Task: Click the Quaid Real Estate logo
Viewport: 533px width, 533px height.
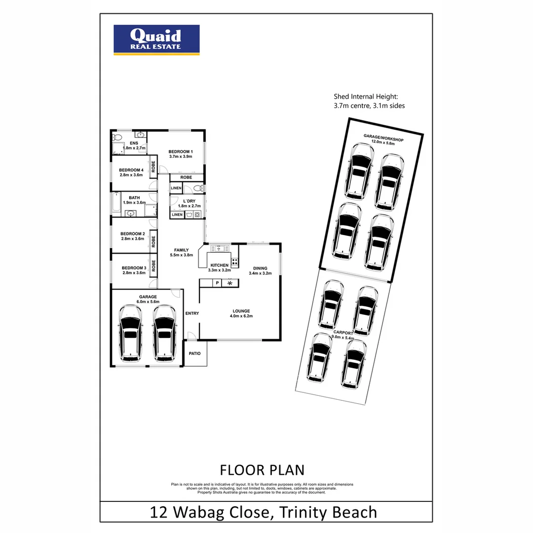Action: (x=156, y=39)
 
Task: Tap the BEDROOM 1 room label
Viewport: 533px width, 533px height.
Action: (x=180, y=152)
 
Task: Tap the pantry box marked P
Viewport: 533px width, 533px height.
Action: (x=216, y=283)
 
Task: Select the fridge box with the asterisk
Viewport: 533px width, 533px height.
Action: (x=229, y=283)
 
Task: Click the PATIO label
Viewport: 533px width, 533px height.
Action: (x=195, y=354)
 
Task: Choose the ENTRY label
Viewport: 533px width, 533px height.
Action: (x=191, y=313)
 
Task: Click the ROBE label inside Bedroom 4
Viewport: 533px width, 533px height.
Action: (x=153, y=167)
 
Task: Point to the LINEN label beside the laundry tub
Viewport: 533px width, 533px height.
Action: (x=177, y=215)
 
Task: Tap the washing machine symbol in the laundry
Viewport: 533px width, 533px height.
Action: (x=197, y=215)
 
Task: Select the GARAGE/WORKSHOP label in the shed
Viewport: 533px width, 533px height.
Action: (x=383, y=137)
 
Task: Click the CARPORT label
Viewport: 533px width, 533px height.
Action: (x=343, y=334)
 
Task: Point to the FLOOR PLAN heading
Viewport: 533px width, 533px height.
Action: (x=262, y=469)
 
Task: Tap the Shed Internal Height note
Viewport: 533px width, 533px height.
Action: (x=369, y=101)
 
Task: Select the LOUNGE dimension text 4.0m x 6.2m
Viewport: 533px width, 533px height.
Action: (x=241, y=316)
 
